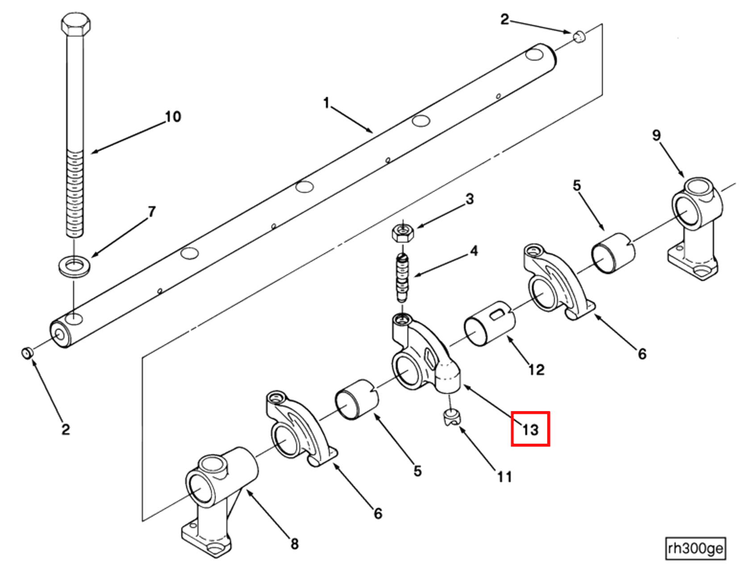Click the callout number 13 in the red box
click(x=530, y=429)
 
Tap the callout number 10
click(x=173, y=117)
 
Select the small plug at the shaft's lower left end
click(x=27, y=353)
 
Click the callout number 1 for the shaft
click(x=326, y=103)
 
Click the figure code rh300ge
click(x=695, y=548)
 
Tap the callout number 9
click(x=656, y=135)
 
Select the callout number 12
click(x=536, y=370)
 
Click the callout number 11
click(x=504, y=477)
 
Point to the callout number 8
click(x=294, y=544)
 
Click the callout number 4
click(x=474, y=251)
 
